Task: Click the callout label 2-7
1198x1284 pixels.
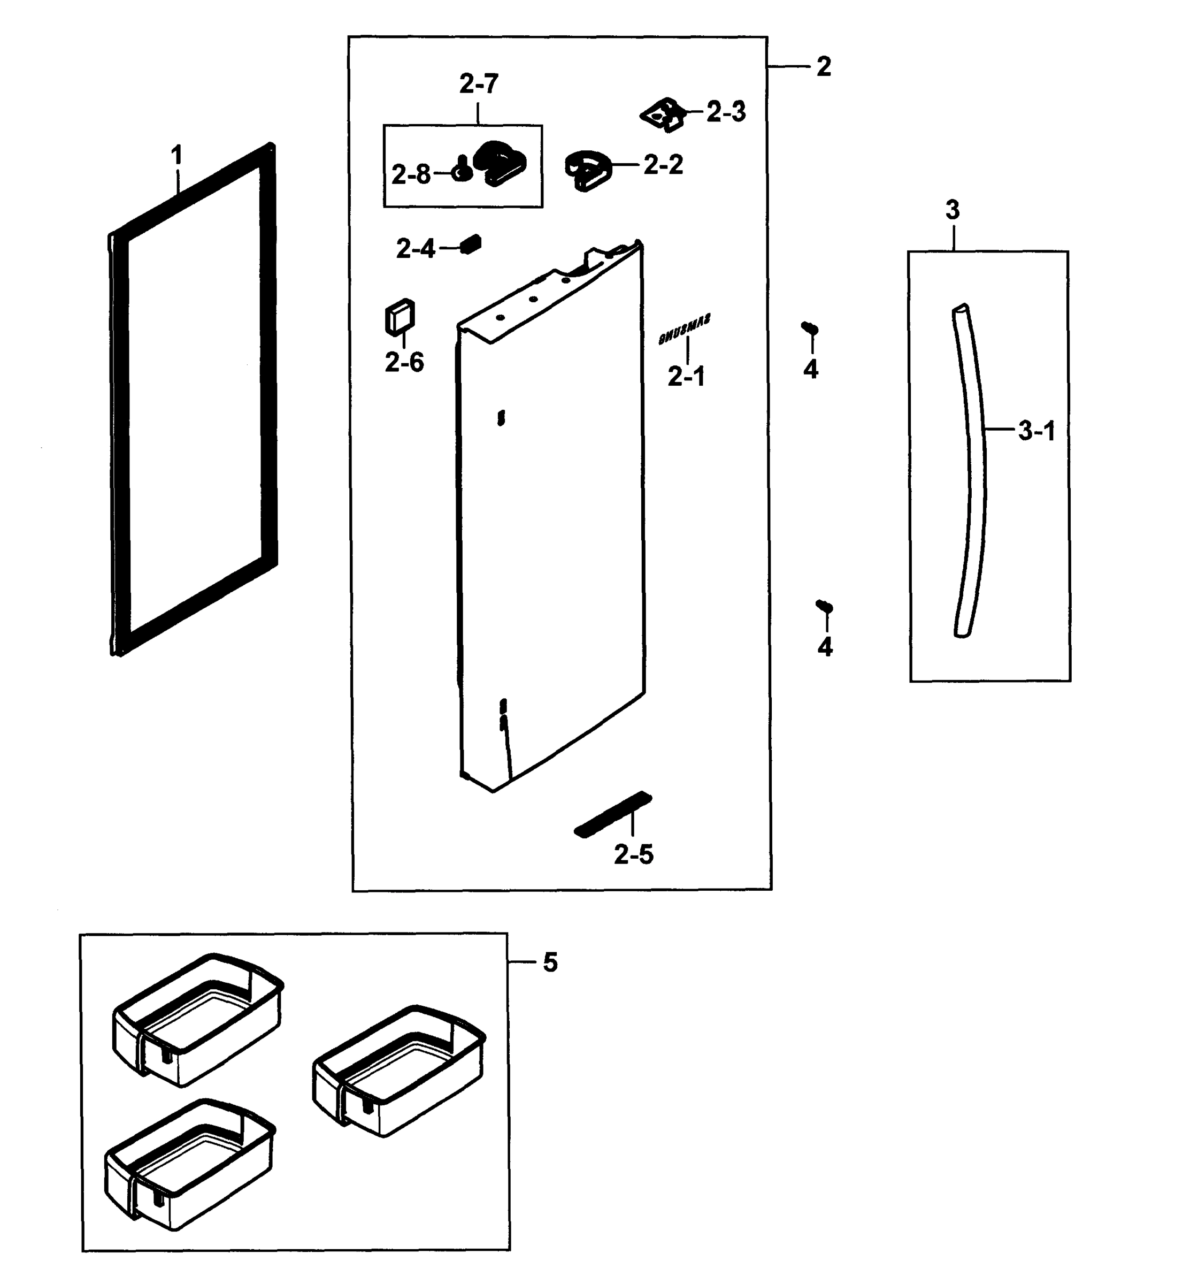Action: [x=479, y=84]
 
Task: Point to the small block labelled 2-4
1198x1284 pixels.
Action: [x=472, y=244]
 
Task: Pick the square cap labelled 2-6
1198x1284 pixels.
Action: [x=400, y=317]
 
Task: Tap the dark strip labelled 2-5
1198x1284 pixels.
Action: [x=613, y=814]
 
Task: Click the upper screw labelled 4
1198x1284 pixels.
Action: [x=810, y=328]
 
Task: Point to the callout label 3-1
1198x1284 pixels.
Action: [x=1036, y=431]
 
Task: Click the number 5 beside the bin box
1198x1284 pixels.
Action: [x=550, y=962]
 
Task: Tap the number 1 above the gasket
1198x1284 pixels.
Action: [x=176, y=156]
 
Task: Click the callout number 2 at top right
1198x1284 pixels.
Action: [x=824, y=66]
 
